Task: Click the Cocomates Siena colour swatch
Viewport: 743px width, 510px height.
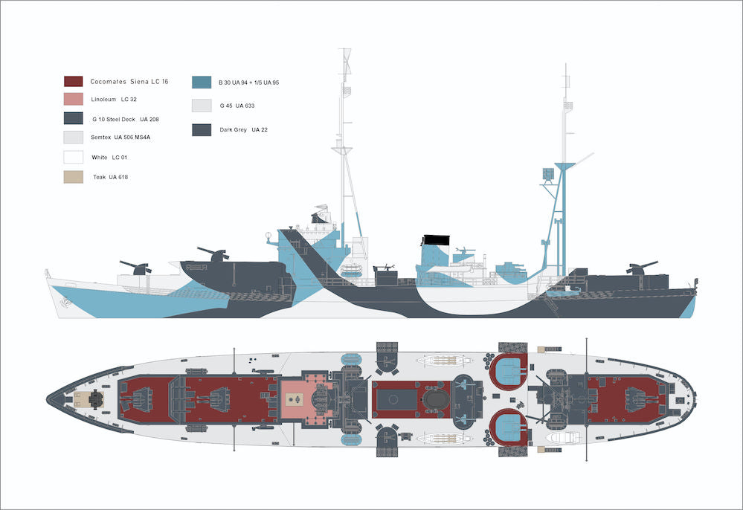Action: click(x=73, y=81)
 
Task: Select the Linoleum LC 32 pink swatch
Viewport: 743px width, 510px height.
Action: click(x=73, y=100)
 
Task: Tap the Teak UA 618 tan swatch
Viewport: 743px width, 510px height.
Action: click(x=73, y=177)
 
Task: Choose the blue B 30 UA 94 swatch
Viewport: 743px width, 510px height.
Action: click(x=202, y=82)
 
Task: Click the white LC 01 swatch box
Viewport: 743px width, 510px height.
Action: click(x=73, y=158)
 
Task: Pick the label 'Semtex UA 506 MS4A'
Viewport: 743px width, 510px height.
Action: click(x=126, y=138)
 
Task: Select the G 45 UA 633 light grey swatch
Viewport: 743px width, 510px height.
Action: click(x=202, y=106)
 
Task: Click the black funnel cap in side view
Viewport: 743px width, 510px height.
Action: click(x=437, y=240)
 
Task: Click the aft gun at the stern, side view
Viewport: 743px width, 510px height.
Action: click(x=641, y=267)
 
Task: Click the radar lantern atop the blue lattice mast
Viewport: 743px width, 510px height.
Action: click(x=549, y=175)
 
